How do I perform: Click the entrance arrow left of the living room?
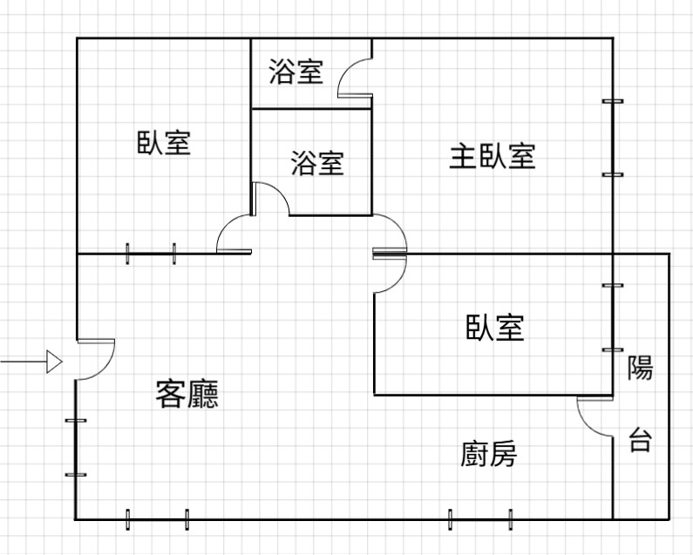click(x=31, y=361)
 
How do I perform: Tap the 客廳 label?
click(x=187, y=395)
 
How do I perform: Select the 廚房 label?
click(x=488, y=454)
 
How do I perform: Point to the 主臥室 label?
click(x=492, y=157)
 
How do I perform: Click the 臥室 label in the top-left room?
click(x=164, y=141)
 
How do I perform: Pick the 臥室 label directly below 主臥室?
click(x=495, y=328)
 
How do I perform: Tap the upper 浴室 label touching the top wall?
click(x=296, y=72)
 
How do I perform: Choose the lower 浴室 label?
click(x=316, y=163)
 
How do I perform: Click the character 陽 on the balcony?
click(x=640, y=368)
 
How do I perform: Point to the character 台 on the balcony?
click(x=640, y=440)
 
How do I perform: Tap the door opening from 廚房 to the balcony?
click(x=594, y=416)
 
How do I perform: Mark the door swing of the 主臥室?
click(x=391, y=234)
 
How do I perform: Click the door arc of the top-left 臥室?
click(x=234, y=235)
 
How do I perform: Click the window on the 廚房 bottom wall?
click(x=479, y=519)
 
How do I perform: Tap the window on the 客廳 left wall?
click(x=76, y=448)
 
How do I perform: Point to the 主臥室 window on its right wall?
click(x=613, y=138)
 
